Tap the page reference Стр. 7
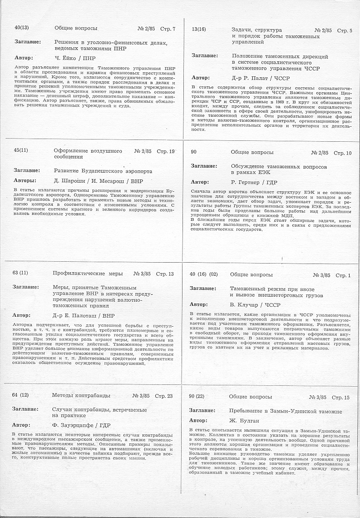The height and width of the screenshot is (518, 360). tap(168, 29)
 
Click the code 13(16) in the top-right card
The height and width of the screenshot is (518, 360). tap(199, 30)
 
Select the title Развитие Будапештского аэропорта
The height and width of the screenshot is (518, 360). tap(103, 171)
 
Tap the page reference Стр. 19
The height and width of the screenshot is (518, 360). tap(165, 151)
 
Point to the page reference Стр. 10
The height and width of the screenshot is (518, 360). tap(343, 153)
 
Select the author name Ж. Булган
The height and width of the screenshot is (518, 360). tap(245, 421)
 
